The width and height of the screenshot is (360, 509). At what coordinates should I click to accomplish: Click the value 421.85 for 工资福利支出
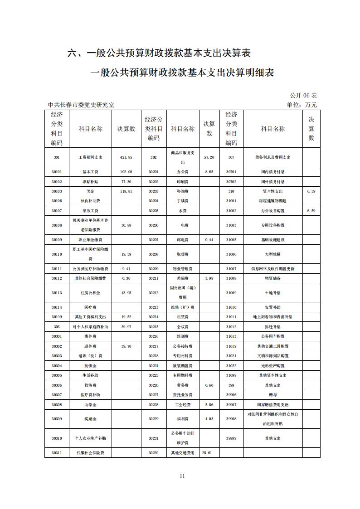pyautogui.click(x=126, y=157)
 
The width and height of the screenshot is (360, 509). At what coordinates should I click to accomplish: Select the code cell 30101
pyautogui.click(x=57, y=172)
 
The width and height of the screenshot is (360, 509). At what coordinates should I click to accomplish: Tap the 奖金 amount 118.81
pyautogui.click(x=126, y=191)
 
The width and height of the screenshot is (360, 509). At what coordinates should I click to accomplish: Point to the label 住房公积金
pyautogui.click(x=90, y=293)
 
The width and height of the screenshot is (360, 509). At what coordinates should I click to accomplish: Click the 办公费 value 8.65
pyautogui.click(x=209, y=172)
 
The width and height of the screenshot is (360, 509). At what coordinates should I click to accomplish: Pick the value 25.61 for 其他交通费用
pyautogui.click(x=207, y=453)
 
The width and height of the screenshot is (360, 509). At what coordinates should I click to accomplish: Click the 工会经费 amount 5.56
pyautogui.click(x=209, y=405)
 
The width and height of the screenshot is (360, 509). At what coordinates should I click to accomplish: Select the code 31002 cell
pyautogui.click(x=231, y=211)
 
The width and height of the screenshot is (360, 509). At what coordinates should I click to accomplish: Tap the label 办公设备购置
pyautogui.click(x=272, y=211)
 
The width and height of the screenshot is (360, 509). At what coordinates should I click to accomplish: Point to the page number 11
pyautogui.click(x=182, y=475)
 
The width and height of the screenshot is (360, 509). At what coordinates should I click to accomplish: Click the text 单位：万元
pyautogui.click(x=302, y=105)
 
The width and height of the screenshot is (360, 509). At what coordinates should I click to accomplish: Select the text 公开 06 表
pyautogui.click(x=303, y=95)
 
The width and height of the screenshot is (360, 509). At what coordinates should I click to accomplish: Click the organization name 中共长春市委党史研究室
pyautogui.click(x=81, y=105)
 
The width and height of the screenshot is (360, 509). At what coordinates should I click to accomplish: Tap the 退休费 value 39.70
pyautogui.click(x=126, y=346)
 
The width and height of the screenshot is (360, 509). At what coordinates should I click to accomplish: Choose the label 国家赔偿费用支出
pyautogui.click(x=272, y=405)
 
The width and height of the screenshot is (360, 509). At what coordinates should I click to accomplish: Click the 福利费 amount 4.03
pyautogui.click(x=209, y=419)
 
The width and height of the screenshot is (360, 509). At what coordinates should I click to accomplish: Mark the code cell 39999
pyautogui.click(x=231, y=438)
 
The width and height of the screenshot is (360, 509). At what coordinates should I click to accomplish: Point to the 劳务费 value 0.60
pyautogui.click(x=209, y=385)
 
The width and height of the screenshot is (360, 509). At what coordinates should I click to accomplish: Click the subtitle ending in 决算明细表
pyautogui.click(x=182, y=73)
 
